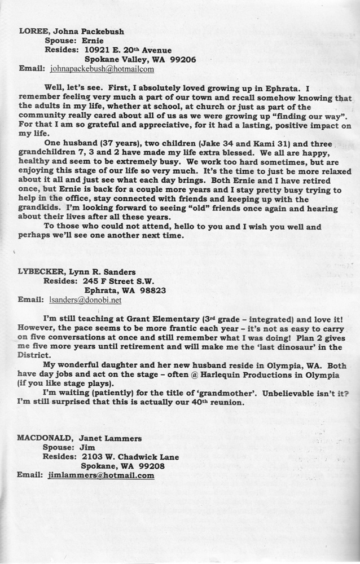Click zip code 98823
click(152, 291)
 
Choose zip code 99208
click(151, 466)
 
